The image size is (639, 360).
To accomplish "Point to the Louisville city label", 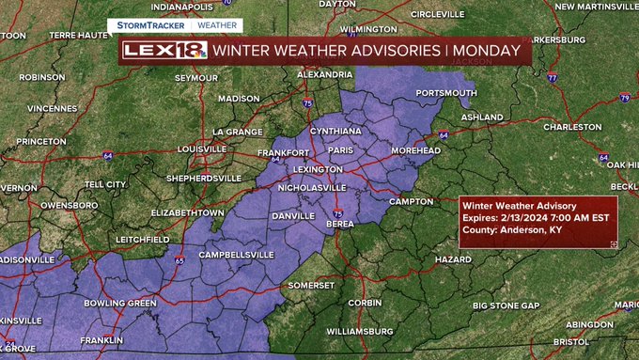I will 202,149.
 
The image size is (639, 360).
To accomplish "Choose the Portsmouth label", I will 445,93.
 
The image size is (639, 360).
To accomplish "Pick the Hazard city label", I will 453,258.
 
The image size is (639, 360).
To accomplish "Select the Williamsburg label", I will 359,332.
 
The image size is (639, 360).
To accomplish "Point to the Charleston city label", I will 571,127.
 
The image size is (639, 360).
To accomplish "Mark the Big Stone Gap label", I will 507,306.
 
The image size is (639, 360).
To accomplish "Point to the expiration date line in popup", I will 536,218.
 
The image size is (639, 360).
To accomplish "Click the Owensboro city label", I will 70,204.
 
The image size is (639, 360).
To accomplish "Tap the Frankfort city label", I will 283,153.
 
